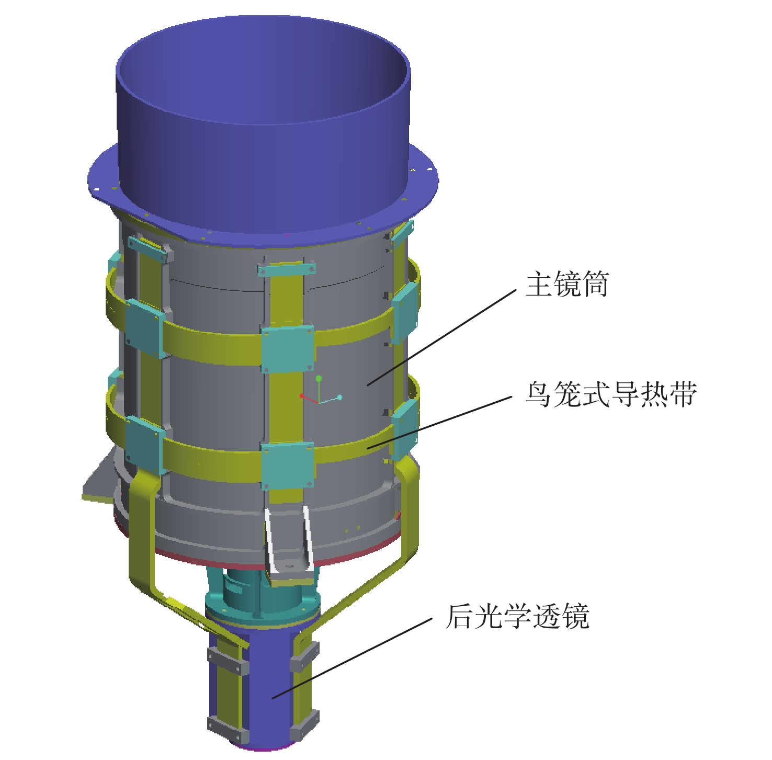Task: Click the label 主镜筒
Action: coord(567,284)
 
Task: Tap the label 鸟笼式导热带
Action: coord(611,393)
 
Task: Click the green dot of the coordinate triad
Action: coord(319,378)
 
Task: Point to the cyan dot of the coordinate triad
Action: coord(339,398)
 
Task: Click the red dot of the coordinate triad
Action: coord(302,396)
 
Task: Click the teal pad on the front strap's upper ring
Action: coord(288,349)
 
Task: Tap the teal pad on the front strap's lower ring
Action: coord(287,466)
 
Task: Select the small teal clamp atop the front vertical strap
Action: coord(287,269)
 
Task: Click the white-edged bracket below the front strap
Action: coord(288,547)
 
